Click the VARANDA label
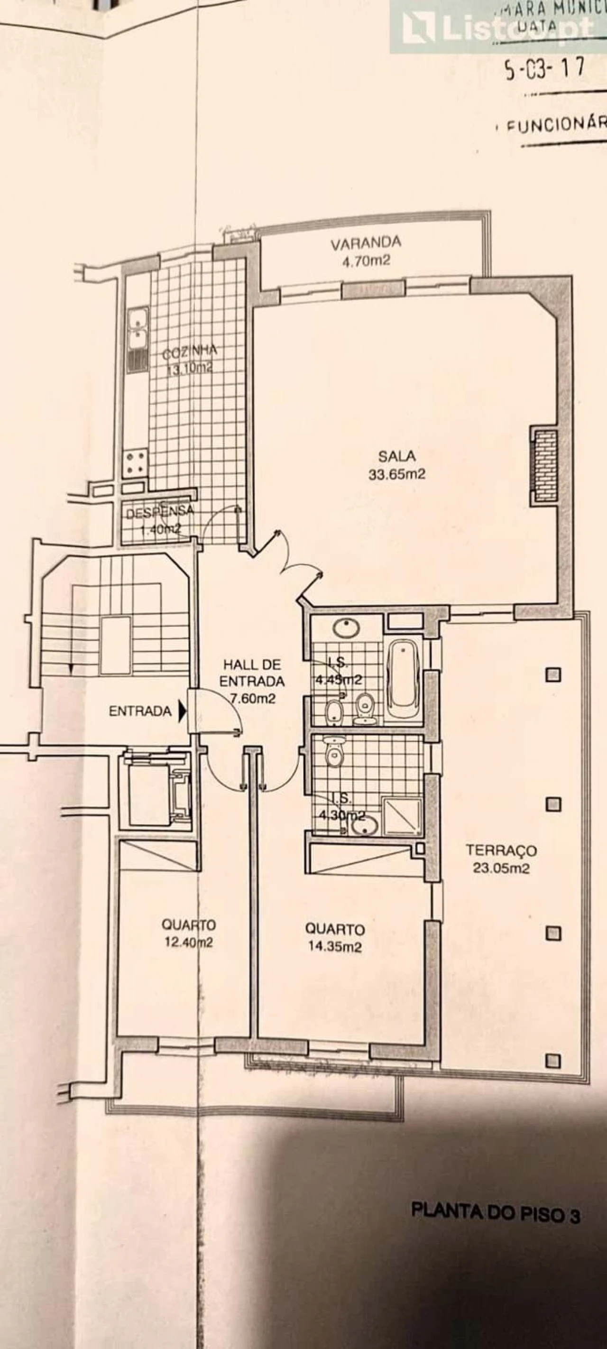point(366,242)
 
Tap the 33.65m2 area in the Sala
point(396,474)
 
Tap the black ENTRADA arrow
point(182,711)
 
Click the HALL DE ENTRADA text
point(252,673)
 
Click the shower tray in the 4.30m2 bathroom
point(402,816)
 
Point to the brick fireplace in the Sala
point(543,465)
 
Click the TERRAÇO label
point(501,850)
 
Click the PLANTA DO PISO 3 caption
point(496,1253)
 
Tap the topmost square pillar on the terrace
point(553,674)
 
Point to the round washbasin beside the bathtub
point(346,628)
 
